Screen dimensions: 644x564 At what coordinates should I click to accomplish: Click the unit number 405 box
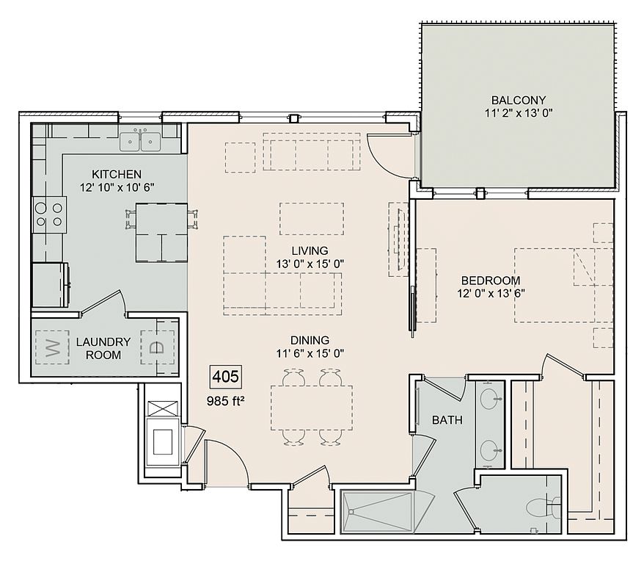[226, 377]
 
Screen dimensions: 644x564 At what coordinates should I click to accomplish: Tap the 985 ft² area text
[225, 401]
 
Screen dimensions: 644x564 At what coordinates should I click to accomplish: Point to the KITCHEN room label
[117, 174]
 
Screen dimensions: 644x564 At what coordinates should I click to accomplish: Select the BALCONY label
[519, 100]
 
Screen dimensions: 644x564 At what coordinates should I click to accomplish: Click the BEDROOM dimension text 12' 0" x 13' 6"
[491, 294]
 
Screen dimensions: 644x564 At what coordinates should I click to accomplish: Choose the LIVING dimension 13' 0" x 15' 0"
[310, 264]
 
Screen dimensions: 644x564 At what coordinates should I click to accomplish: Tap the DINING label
[310, 340]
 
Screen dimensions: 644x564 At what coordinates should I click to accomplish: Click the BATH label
[447, 420]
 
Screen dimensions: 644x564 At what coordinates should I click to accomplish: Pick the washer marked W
[52, 347]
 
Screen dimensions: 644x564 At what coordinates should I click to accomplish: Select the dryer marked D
[157, 347]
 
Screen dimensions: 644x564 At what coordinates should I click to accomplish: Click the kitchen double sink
[140, 141]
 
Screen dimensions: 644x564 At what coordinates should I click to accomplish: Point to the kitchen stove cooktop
[49, 215]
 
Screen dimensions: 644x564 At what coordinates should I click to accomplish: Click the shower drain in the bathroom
[351, 512]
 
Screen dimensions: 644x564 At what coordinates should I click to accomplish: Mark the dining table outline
[312, 408]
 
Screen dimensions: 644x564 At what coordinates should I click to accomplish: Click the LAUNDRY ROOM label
[103, 348]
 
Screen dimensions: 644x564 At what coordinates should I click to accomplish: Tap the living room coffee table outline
[312, 219]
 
